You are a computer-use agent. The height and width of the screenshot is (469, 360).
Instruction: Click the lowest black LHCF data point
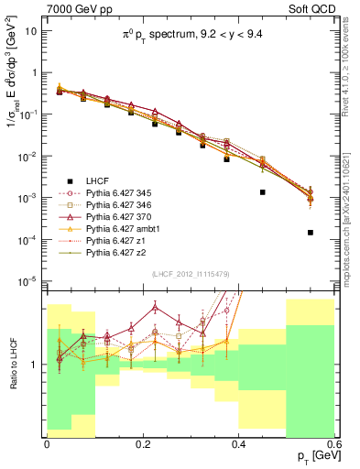click(x=311, y=233)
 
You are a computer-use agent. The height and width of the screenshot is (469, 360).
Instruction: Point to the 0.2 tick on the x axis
click(x=142, y=443)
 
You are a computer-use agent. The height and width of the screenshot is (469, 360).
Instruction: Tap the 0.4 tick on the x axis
click(x=238, y=443)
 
